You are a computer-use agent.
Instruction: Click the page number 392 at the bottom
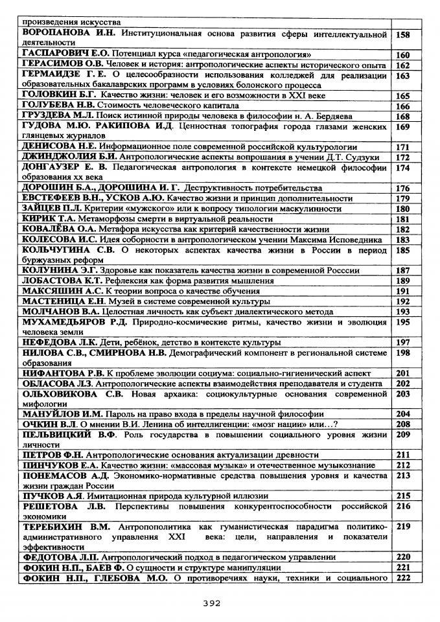tap(212, 603)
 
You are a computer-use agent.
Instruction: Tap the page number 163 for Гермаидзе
tap(403, 76)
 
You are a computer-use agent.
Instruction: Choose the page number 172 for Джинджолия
tap(403, 157)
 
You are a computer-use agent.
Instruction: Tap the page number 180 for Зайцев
tap(403, 209)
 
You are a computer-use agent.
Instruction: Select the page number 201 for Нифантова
tap(403, 373)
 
